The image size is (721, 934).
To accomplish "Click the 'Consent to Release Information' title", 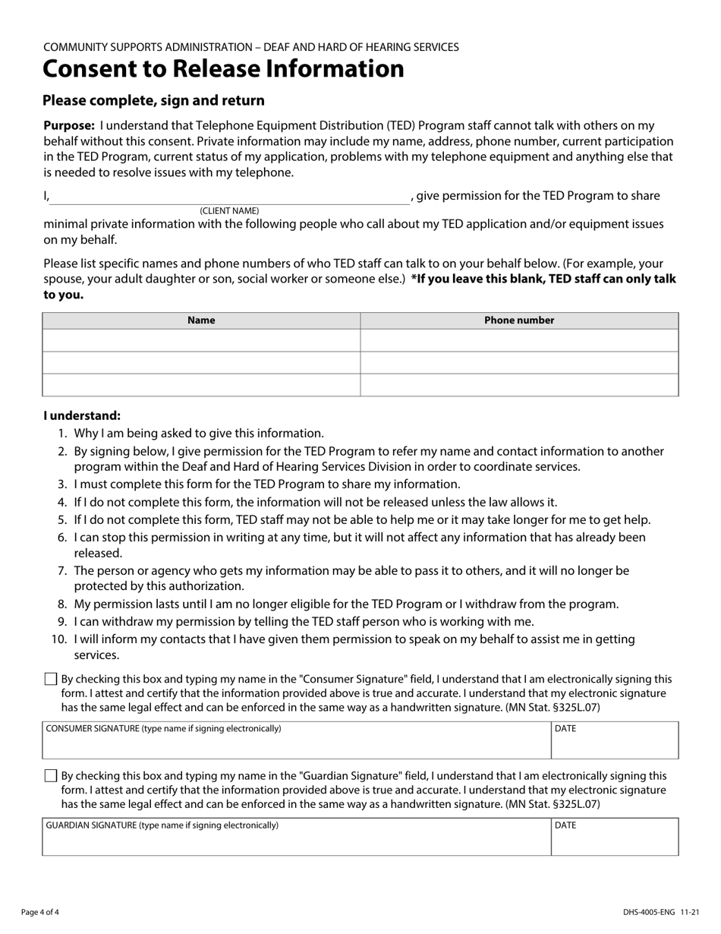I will point(223,69).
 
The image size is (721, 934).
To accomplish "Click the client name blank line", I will point(229,197).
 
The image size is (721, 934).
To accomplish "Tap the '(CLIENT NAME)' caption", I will point(229,210).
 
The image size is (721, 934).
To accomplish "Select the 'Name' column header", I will point(201,320).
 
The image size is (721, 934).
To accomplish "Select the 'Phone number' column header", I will point(519,320).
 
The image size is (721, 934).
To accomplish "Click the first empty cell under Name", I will point(201,340).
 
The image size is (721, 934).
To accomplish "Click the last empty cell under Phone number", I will point(519,385).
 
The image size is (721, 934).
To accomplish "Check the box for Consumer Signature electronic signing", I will point(51,679).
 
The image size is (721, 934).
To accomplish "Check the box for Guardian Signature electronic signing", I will point(51,776).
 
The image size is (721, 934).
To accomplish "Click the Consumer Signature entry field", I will point(296,746).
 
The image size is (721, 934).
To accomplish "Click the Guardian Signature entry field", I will point(296,842).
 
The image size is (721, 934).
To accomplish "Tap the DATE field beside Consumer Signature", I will point(615,746).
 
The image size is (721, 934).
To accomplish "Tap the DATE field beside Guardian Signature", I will point(615,842).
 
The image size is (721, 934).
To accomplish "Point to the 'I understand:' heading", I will point(82,416).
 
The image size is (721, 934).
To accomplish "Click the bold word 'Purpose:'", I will point(69,126).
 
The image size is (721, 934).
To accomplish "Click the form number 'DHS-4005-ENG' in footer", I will point(649,912).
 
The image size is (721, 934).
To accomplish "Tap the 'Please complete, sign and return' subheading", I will point(153,101).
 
